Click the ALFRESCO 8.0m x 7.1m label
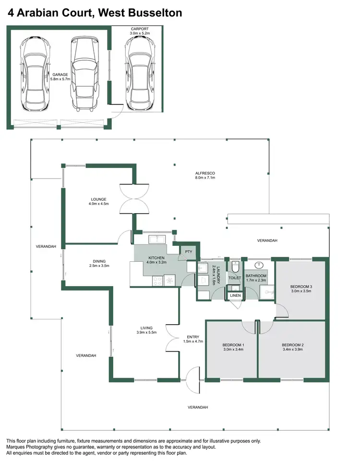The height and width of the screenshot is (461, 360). click(x=205, y=175)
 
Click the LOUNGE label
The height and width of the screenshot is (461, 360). click(x=98, y=202)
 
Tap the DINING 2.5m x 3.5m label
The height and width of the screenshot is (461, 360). click(x=99, y=264)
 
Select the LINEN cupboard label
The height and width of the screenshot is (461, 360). click(x=235, y=295)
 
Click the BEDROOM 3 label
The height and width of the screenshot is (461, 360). click(x=301, y=289)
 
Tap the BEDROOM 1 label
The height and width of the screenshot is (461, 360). click(x=233, y=348)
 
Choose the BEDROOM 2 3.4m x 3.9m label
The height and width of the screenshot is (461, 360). click(x=292, y=348)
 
